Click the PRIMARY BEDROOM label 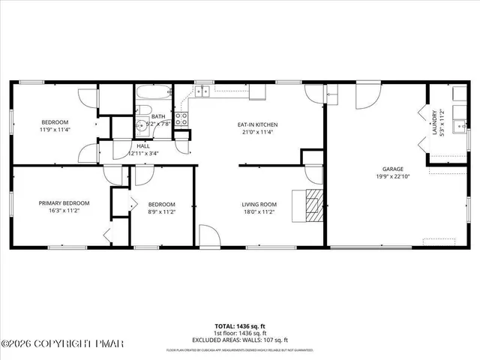(x=64, y=203)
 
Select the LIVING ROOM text (x=259, y=205)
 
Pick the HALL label (x=142, y=145)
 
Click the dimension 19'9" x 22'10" (x=393, y=177)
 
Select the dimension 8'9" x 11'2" (x=161, y=212)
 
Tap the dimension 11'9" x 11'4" (x=55, y=130)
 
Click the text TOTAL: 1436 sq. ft (x=240, y=327)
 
